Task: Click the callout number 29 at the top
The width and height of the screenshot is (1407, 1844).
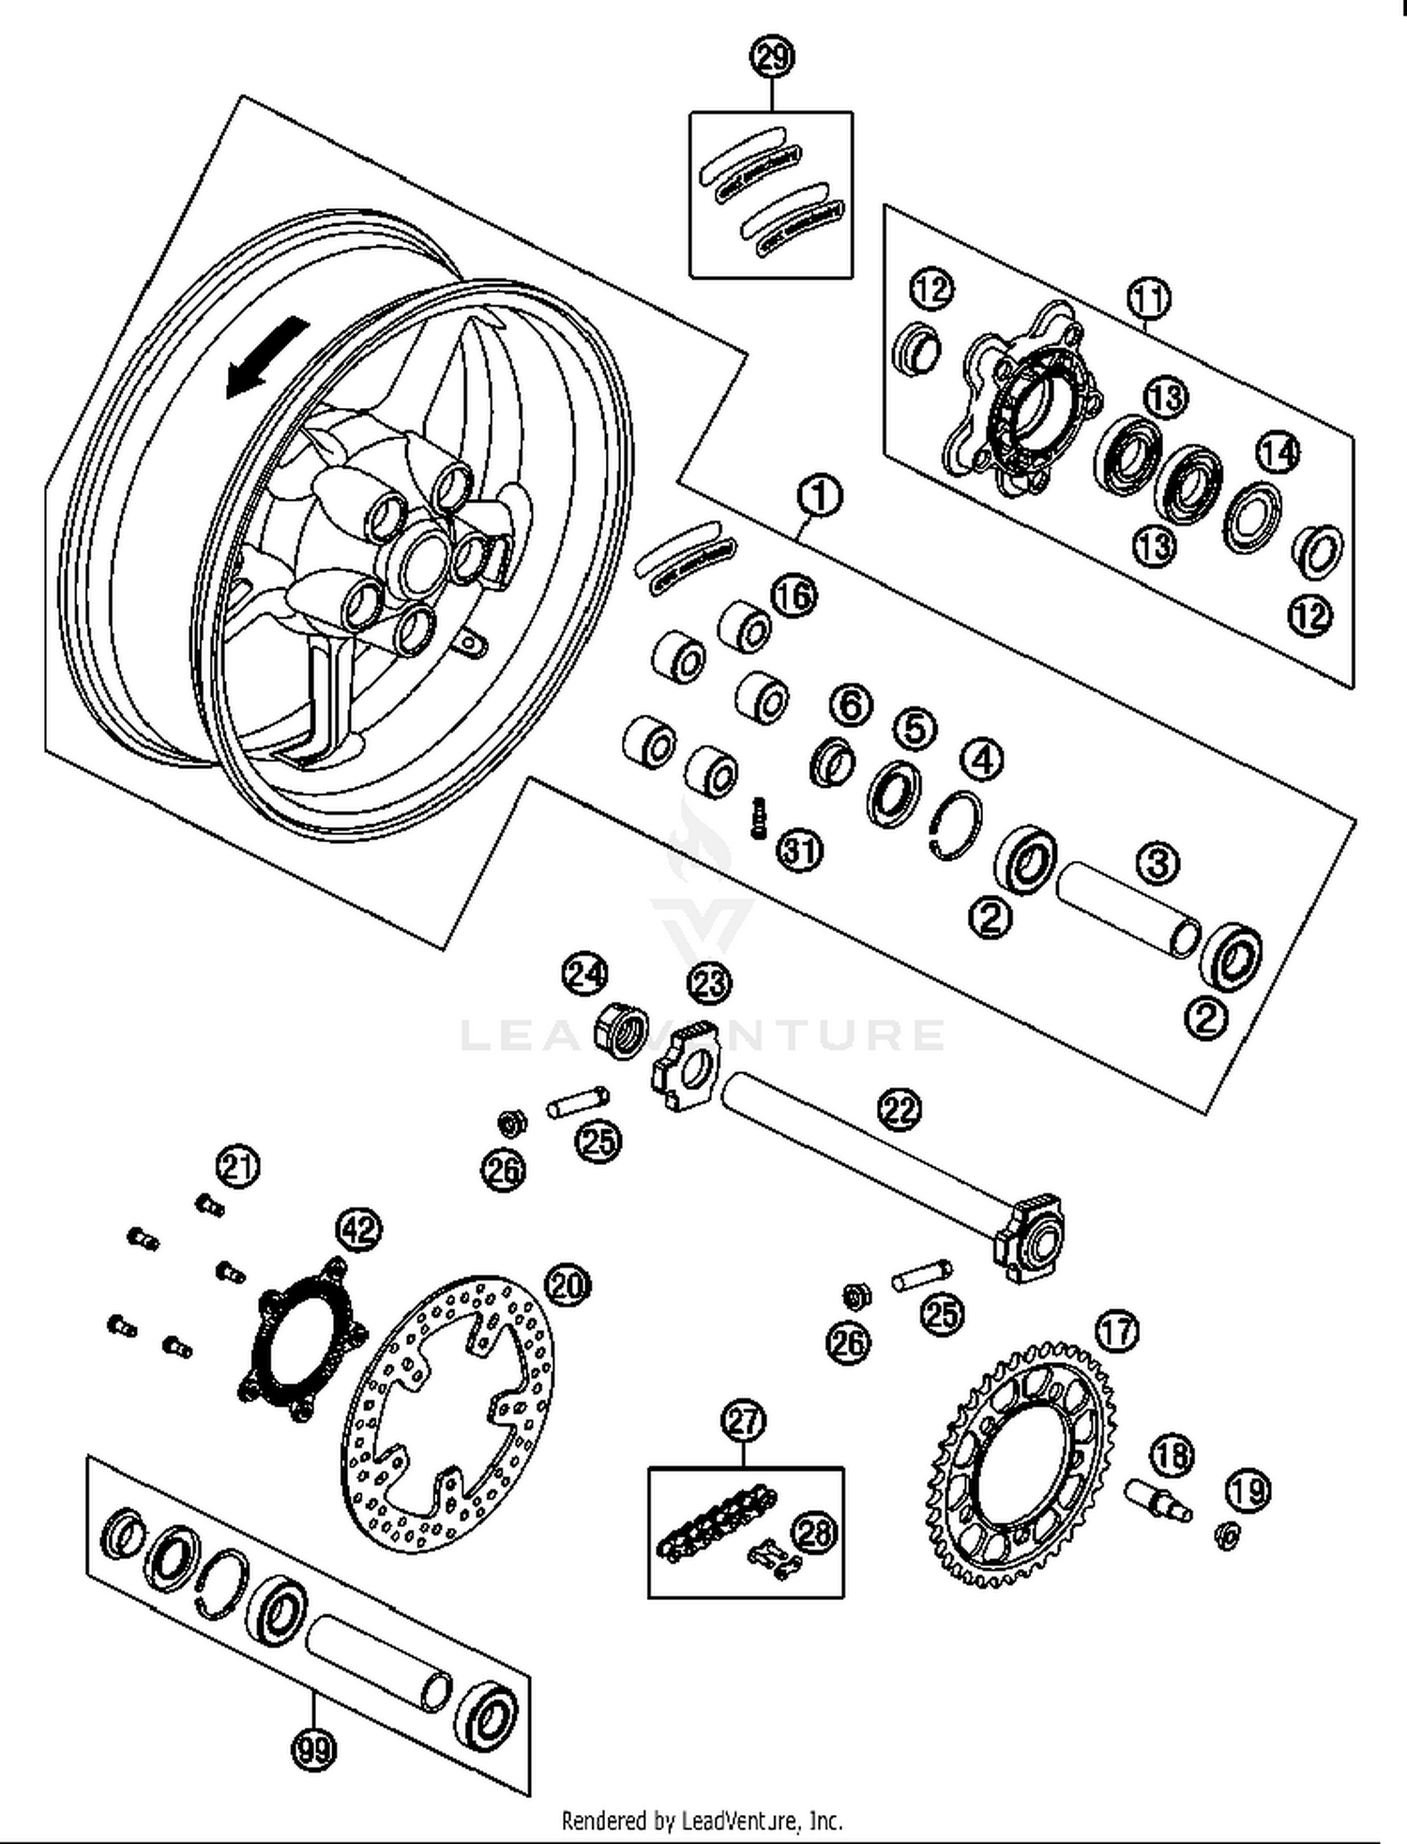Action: pyautogui.click(x=772, y=58)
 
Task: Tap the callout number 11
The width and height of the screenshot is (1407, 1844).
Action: pyautogui.click(x=1149, y=299)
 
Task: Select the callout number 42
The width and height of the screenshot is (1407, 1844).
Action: pyautogui.click(x=359, y=1229)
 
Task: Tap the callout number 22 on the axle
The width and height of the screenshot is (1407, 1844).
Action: pyautogui.click(x=900, y=1110)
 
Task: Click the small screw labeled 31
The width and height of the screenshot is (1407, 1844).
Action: pyautogui.click(x=759, y=818)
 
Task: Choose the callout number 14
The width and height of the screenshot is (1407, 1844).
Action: pyautogui.click(x=1278, y=454)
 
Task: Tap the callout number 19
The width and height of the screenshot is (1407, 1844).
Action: pyautogui.click(x=1248, y=1490)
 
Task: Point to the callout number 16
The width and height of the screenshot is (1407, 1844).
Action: pyautogui.click(x=794, y=596)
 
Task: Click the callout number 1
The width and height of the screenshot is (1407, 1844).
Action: pyautogui.click(x=820, y=496)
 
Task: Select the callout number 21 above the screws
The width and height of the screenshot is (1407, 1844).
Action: pyautogui.click(x=238, y=1167)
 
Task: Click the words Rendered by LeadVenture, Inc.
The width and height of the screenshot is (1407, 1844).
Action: pyautogui.click(x=702, y=1821)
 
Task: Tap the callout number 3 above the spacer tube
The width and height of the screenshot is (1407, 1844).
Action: pyautogui.click(x=1157, y=863)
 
